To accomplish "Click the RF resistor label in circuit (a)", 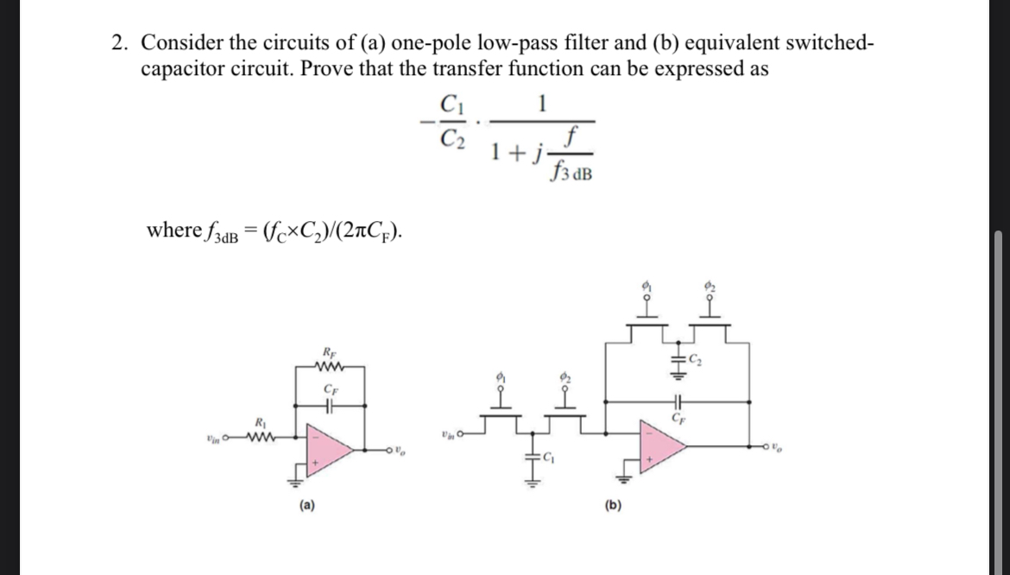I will [328, 351].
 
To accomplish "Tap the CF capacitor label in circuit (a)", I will [328, 389].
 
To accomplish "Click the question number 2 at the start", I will [121, 42].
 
